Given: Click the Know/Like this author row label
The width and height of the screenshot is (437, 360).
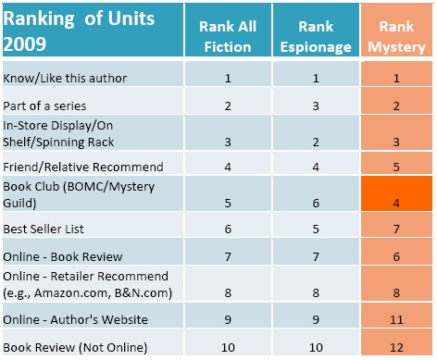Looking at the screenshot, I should point(65,79).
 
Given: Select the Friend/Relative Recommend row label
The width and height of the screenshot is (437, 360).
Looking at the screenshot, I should point(83,167).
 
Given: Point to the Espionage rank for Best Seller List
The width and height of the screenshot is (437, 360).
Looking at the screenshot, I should point(318,226).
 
